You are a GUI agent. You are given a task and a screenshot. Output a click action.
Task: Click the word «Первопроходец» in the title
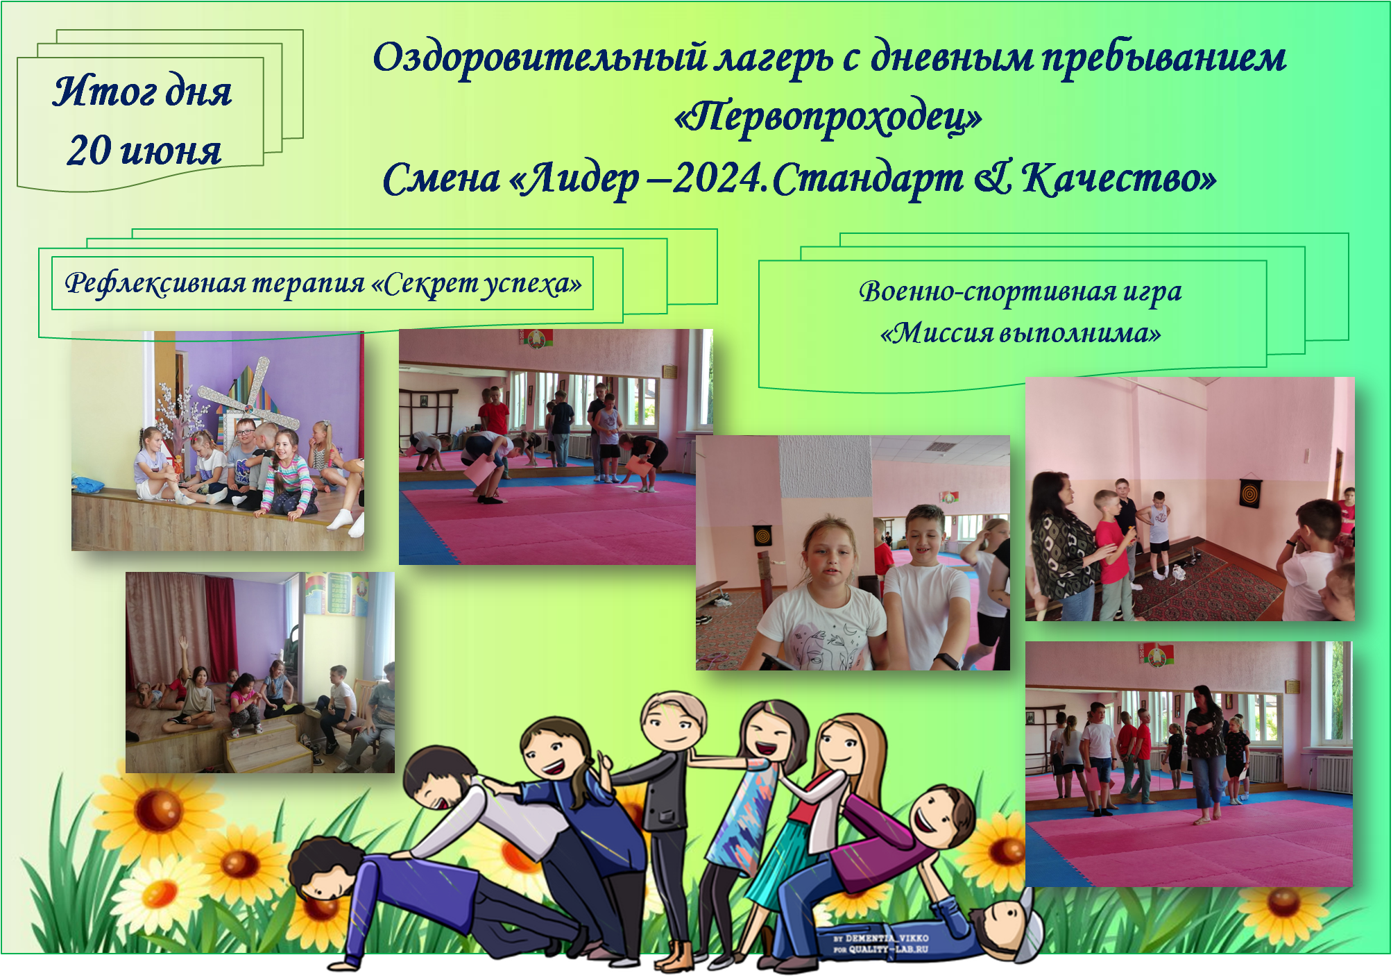(828, 117)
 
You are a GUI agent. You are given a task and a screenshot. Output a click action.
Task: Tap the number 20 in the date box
(89, 150)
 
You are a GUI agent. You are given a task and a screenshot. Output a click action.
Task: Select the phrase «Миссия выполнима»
(1021, 333)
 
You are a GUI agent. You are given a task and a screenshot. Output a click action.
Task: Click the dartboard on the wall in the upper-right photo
(1249, 493)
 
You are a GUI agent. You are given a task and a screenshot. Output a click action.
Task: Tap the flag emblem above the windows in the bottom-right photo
(1155, 654)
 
